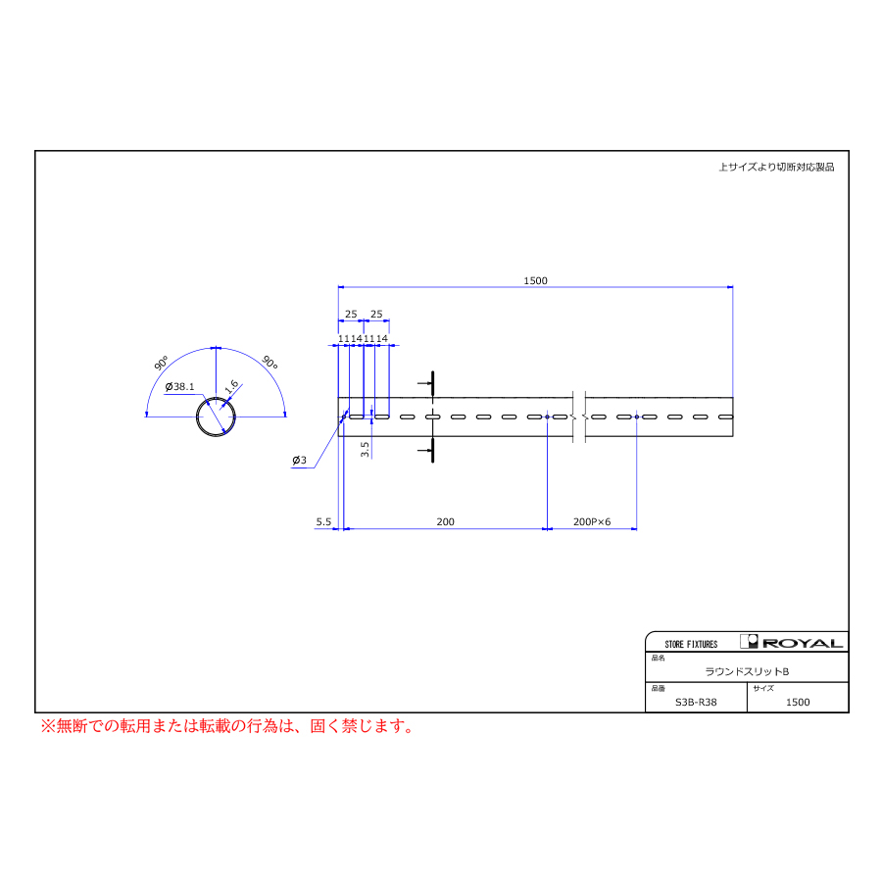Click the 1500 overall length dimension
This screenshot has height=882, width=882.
[x=535, y=280]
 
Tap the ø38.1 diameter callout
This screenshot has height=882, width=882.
[x=179, y=386]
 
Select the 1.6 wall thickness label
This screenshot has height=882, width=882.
[x=231, y=386]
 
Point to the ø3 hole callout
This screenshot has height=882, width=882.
[x=299, y=461]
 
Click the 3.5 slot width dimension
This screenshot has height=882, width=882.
[x=365, y=449]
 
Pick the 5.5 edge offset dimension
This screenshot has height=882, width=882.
[x=323, y=522]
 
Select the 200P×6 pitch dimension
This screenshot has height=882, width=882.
[x=592, y=522]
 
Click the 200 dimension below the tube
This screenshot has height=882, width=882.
[x=445, y=522]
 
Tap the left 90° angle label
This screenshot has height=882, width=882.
[x=161, y=363]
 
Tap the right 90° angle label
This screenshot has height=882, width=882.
[x=270, y=363]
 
